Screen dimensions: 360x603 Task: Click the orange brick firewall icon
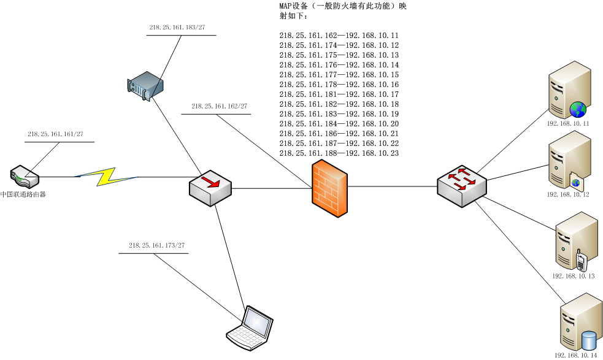(x=329, y=188)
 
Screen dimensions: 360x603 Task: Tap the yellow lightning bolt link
(x=108, y=177)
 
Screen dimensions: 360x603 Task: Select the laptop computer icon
(x=248, y=328)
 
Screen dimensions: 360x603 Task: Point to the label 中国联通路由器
(x=23, y=194)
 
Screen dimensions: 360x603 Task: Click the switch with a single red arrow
(x=210, y=188)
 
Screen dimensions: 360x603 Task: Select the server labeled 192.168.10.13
(x=575, y=240)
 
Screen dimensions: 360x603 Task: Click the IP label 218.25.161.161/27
(x=55, y=134)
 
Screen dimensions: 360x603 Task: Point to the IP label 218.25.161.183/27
(x=177, y=28)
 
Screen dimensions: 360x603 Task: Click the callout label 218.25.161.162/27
(x=219, y=106)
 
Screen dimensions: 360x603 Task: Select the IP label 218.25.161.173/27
(x=156, y=245)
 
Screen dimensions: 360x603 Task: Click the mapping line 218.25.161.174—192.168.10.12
(x=339, y=45)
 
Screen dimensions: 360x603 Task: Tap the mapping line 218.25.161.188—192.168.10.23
(x=339, y=153)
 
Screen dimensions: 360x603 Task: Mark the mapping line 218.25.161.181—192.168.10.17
(x=339, y=94)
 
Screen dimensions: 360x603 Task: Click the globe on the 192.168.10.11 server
(x=578, y=110)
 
